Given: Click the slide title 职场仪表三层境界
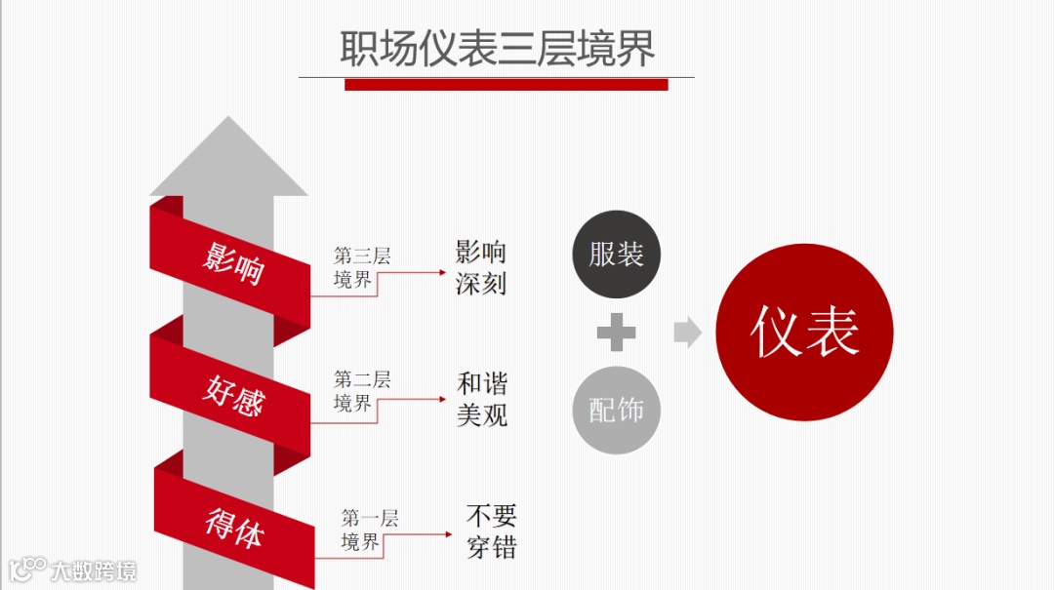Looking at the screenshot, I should coord(497,49).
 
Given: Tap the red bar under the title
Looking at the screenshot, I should coord(506,85).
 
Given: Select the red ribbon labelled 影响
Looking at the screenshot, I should coord(232,260).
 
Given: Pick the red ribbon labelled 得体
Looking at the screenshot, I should coord(234,527).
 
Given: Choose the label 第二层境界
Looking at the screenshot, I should coord(361,391).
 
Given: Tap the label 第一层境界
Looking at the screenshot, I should coord(369,530).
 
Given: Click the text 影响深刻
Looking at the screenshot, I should coord(481,267).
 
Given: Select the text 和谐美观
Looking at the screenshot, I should coord(482,399).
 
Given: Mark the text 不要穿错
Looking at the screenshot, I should coord(491,531).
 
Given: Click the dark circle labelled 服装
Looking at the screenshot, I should coord(616,255).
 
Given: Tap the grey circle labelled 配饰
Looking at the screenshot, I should coord(616,411).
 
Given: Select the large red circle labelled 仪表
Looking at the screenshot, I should coord(804,332).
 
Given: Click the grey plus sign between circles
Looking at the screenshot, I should coord(616,333).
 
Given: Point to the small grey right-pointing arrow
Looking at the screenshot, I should coord(687,333).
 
